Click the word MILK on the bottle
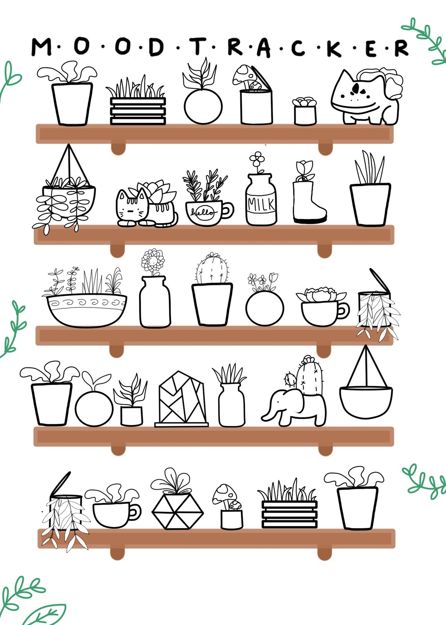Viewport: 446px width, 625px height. [261, 204]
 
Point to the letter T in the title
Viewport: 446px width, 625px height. [198, 46]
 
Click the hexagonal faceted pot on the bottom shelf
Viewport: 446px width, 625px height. [178, 511]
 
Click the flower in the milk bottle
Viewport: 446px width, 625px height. [257, 158]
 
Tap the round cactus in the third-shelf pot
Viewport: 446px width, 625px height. [212, 270]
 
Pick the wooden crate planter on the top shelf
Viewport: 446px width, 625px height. [138, 110]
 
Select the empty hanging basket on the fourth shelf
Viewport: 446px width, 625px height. [366, 401]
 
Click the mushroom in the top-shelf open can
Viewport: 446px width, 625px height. [244, 74]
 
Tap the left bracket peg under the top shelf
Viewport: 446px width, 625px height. [118, 148]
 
